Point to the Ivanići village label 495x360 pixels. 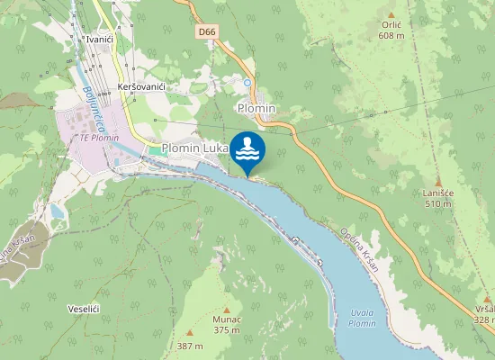pyautogui.click(x=98, y=40)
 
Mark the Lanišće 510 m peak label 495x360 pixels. pyautogui.click(x=438, y=198)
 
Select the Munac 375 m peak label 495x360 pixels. pyautogui.click(x=226, y=325)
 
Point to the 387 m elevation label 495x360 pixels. pyautogui.click(x=189, y=346)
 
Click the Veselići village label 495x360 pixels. pyautogui.click(x=83, y=308)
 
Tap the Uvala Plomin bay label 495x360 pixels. pyautogui.click(x=361, y=318)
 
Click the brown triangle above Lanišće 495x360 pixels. pyautogui.click(x=438, y=182)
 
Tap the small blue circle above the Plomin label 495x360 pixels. pyautogui.click(x=247, y=83)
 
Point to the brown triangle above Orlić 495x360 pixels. pyautogui.click(x=390, y=14)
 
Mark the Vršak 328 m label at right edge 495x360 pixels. pyautogui.click(x=484, y=314)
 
